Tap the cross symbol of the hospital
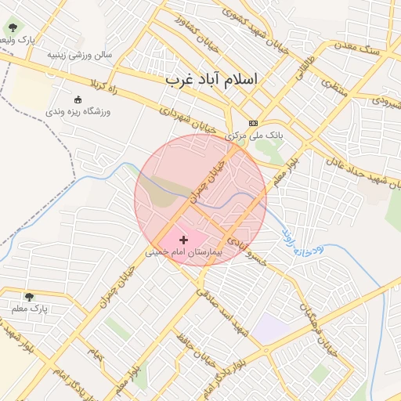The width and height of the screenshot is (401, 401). click(184, 239)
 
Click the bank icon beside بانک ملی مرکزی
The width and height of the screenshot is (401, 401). click(253, 123)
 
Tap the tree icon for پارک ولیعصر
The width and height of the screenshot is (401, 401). click(12, 28)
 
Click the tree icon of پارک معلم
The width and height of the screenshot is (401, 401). click(29, 297)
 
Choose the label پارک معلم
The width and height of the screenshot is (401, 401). click(30, 309)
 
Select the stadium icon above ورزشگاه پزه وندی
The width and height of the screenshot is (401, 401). click(77, 99)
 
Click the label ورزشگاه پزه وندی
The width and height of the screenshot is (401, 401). click(78, 112)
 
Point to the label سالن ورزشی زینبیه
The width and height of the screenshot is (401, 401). click(80, 55)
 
